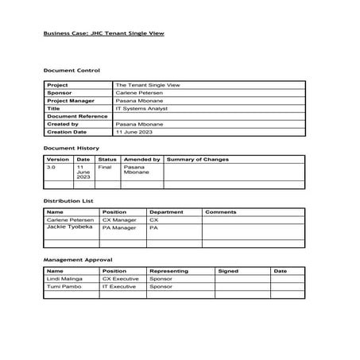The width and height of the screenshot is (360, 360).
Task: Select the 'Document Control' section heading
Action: [72, 71]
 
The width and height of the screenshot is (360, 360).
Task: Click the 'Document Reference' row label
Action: [77, 116]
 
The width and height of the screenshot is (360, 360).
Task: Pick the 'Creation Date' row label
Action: [68, 132]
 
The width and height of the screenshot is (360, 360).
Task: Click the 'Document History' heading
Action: [72, 148]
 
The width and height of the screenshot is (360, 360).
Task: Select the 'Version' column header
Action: [58, 160]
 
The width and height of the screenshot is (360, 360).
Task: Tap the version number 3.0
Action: [52, 168]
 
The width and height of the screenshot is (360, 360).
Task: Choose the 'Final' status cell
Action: [104, 168]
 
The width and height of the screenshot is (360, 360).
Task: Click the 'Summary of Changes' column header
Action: [198, 160]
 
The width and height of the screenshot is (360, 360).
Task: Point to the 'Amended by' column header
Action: [143, 160]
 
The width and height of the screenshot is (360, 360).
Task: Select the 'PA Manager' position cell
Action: [119, 228]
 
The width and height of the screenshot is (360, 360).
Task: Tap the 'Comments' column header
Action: [221, 212]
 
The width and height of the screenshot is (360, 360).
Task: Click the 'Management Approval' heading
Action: [77, 260]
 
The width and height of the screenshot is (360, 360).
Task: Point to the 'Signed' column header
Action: [228, 271]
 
